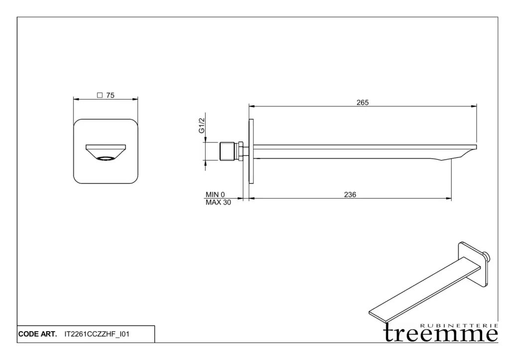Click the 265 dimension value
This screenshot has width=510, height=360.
click(x=362, y=103)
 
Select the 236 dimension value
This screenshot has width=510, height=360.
click(x=350, y=195)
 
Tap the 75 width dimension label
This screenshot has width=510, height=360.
click(x=110, y=96)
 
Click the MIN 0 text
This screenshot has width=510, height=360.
click(x=215, y=195)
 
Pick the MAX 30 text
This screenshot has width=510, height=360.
click(x=218, y=202)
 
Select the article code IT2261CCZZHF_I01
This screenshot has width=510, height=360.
click(x=97, y=334)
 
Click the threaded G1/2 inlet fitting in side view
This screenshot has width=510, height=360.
click(x=228, y=151)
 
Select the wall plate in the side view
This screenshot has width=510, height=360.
click(x=251, y=152)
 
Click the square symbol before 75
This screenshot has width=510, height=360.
click(x=99, y=96)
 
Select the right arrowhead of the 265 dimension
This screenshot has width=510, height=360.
click(x=475, y=106)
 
